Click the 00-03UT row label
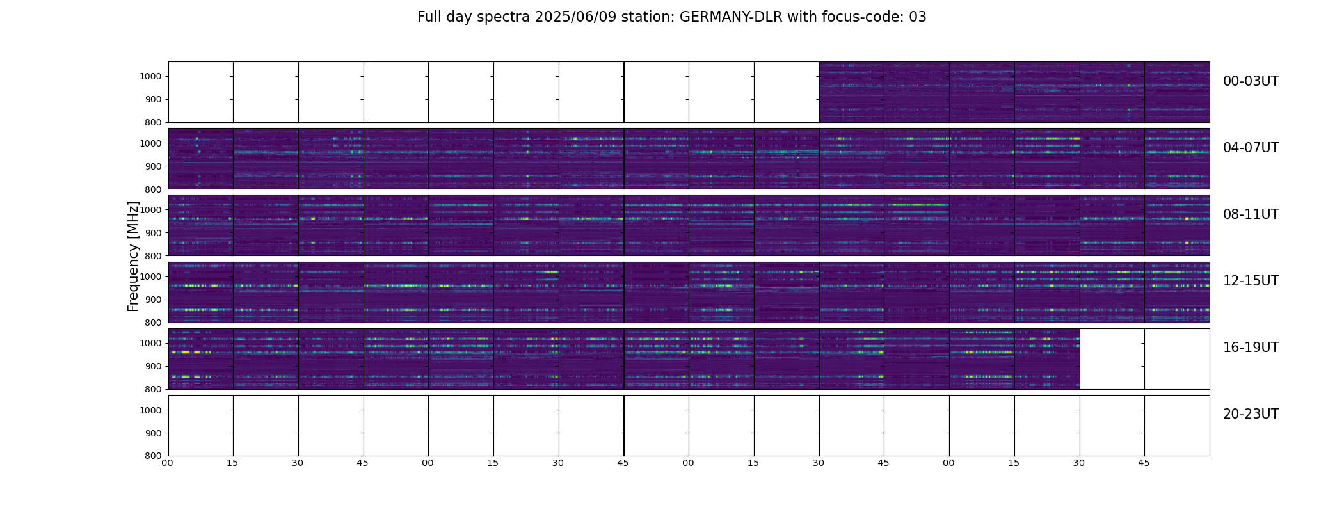1250,81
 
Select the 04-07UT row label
1250,148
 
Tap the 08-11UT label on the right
1250,214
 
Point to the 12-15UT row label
1250,281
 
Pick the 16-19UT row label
1250,348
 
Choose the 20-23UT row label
1250,414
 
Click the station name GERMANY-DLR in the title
731,17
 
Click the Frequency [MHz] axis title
133,256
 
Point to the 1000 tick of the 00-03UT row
150,77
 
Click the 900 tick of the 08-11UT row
153,233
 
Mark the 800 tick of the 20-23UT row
153,456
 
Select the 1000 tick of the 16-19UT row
150,344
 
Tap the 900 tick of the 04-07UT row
153,166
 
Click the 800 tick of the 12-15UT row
153,323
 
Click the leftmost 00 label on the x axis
168,463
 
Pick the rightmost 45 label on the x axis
1144,463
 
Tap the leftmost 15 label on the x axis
232,463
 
